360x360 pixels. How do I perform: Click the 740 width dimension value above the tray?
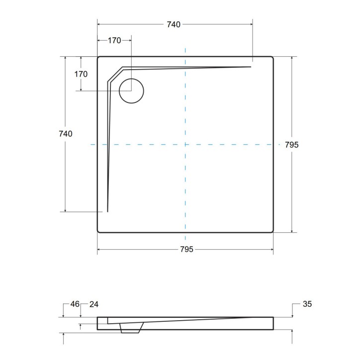pos(174,24)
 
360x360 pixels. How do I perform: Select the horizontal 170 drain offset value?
pos(114,41)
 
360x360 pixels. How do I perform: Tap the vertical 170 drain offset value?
pos(81,74)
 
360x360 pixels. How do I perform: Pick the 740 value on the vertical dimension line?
pos(65,134)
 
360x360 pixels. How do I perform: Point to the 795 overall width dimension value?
pos(186,249)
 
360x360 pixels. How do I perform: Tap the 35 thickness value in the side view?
pos(306,304)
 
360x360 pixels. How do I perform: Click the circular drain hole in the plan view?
pos(131,91)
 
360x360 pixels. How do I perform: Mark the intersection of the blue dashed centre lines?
pos(185,145)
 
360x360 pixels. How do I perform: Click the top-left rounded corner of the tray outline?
pos(99,59)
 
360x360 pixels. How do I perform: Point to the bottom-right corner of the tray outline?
pos(271,231)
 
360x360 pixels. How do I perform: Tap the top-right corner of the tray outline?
pos(271,59)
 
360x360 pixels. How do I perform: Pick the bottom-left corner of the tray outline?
pos(99,231)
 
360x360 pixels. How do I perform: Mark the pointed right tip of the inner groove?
pos(251,67)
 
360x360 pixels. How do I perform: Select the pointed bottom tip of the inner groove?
pos(107,211)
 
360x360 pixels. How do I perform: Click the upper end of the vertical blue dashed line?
pos(185,49)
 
